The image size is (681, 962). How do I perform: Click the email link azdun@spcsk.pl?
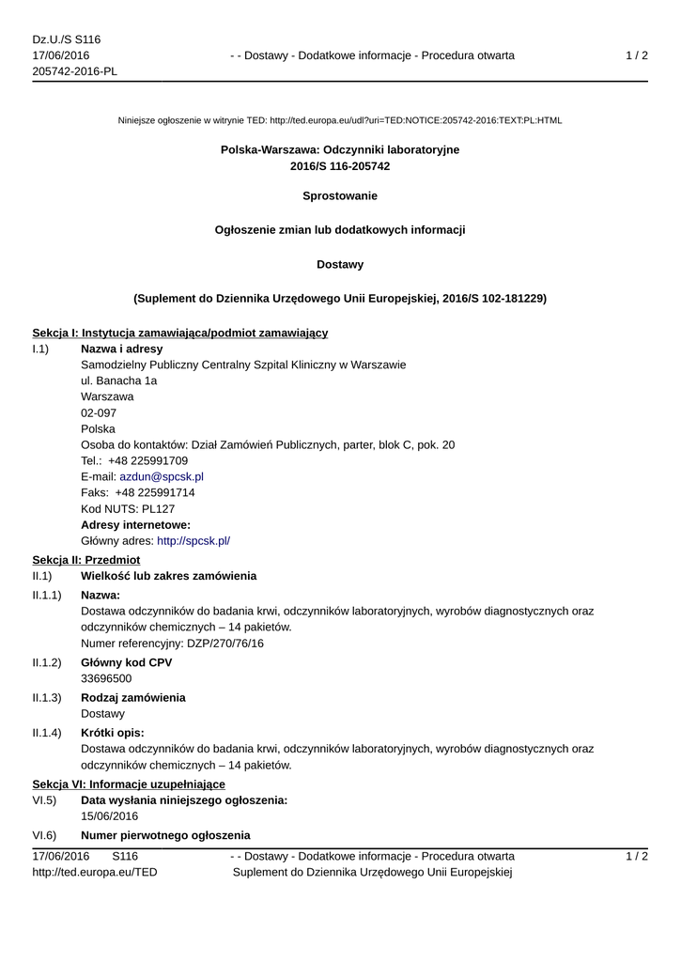[x=162, y=476]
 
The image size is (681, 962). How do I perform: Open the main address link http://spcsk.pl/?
[x=193, y=540]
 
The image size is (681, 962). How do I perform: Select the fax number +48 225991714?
[x=155, y=492]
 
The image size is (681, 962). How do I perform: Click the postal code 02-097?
[x=99, y=412]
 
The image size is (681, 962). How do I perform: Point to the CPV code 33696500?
[x=106, y=678]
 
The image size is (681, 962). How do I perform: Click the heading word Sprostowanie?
[x=340, y=196]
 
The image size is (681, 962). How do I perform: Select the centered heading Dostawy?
[x=340, y=265]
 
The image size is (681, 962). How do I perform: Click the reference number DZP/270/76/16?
[x=205, y=644]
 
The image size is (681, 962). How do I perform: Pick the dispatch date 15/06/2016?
[x=110, y=815]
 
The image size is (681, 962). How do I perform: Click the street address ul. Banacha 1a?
[x=119, y=380]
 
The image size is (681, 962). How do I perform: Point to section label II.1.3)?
[x=47, y=698]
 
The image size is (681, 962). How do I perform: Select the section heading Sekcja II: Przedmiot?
[x=86, y=560]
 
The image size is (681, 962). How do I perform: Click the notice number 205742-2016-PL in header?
[x=75, y=71]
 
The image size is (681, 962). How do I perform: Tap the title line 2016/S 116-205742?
[x=340, y=166]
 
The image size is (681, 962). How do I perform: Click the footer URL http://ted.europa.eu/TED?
[x=95, y=872]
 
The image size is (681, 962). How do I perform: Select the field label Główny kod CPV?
[x=127, y=662]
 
